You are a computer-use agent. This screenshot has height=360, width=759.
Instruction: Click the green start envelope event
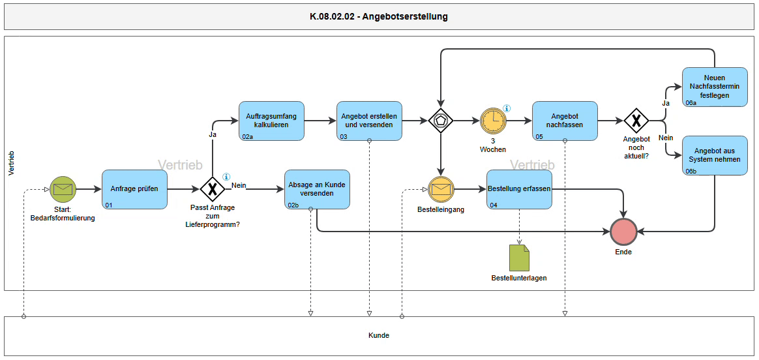(x=63, y=189)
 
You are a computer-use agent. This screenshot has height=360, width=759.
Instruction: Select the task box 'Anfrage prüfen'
(x=134, y=189)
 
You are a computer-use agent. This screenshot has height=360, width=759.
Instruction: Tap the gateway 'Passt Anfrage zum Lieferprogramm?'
(x=212, y=189)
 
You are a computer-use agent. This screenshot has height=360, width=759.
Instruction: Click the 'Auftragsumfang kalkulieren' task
(x=271, y=121)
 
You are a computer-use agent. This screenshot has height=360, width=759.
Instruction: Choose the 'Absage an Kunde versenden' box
(x=317, y=189)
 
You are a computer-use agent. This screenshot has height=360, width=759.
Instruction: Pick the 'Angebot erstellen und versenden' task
(x=369, y=121)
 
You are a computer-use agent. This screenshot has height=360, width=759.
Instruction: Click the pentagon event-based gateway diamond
(x=441, y=121)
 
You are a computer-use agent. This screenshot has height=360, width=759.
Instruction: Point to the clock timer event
(x=493, y=121)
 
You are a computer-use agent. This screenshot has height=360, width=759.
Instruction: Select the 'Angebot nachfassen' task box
(x=565, y=121)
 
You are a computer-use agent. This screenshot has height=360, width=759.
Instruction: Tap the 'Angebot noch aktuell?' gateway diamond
(x=636, y=121)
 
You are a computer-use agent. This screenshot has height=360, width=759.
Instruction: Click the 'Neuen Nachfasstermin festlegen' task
(x=715, y=87)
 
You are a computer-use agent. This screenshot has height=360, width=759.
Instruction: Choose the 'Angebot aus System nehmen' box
(x=715, y=155)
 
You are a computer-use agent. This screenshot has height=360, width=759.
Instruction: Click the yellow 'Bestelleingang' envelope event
(x=441, y=189)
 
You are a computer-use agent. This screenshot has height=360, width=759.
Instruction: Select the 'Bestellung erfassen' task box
(x=520, y=189)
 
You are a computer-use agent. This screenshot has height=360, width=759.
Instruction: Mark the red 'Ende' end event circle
(x=623, y=232)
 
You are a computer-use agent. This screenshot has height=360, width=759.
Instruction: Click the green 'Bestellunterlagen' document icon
(x=520, y=258)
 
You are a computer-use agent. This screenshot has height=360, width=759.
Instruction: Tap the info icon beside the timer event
(x=507, y=108)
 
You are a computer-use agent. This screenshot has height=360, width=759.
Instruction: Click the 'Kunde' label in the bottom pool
(x=379, y=335)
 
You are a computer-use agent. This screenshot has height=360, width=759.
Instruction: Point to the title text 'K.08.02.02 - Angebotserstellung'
(x=379, y=17)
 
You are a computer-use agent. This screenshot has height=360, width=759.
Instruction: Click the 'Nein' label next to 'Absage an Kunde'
(x=239, y=185)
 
